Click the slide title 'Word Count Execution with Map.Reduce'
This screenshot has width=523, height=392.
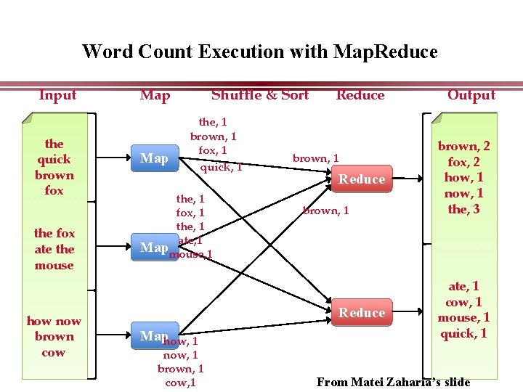pos(260,52)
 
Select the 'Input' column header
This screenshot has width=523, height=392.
pos(57,95)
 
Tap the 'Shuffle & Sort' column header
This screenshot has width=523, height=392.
pos(259,95)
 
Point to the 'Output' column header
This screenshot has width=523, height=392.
pos(471,95)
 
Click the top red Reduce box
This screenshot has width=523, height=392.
pos(362,179)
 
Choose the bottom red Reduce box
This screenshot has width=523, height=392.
pos(362,313)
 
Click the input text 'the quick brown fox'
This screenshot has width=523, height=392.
pos(54,167)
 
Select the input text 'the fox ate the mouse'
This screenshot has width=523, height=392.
pos(54,249)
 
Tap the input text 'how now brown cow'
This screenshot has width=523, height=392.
pos(54,337)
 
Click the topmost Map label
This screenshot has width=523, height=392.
pos(154,158)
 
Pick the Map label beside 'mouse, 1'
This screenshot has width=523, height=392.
pos(153,248)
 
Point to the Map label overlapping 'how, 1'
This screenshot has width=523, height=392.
pos(153,335)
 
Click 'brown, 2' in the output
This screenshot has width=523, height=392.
pos(463,147)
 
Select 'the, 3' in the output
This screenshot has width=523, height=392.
pos(463,210)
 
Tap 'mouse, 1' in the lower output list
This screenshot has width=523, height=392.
pos(463,318)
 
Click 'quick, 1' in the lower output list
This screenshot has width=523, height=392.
pos(463,334)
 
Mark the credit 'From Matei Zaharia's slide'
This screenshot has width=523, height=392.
pos(393,382)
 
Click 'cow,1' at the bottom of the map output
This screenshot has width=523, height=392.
pos(180,383)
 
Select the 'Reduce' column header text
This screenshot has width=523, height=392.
pos(360,95)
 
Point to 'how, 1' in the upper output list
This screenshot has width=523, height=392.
pos(463,178)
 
